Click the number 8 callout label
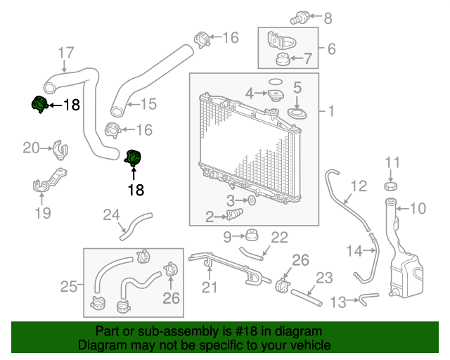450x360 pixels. (x=328, y=18)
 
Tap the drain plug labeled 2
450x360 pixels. (x=235, y=214)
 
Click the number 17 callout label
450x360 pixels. (x=65, y=52)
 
